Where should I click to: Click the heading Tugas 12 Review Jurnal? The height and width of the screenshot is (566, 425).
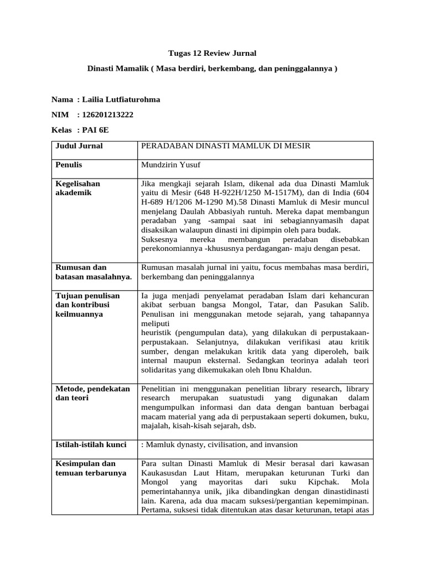212,53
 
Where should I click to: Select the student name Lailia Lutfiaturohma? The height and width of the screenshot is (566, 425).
121,99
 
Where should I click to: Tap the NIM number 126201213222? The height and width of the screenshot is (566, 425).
107,114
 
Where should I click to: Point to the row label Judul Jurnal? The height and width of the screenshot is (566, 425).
79,146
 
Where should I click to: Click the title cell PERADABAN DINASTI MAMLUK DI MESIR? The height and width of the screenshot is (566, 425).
226,146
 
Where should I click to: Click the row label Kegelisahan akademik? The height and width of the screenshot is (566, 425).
77,188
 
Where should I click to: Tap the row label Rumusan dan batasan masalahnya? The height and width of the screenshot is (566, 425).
94,272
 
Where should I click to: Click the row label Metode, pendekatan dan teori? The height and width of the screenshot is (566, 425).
92,393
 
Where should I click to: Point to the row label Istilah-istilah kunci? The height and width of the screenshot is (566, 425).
91,444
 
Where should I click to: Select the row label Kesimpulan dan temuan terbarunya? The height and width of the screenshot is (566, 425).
91,468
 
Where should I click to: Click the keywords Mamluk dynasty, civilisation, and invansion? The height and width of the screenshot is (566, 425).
220,444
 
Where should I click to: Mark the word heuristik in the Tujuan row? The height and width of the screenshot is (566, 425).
159,332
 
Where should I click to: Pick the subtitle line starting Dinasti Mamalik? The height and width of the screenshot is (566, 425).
212,69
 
